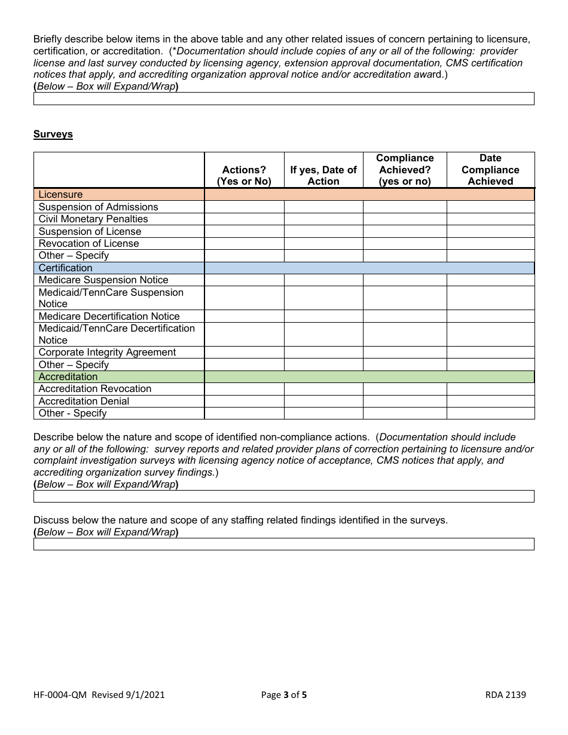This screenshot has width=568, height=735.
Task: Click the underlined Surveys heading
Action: (53, 134)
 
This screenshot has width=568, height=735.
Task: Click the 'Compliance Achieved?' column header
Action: (405, 170)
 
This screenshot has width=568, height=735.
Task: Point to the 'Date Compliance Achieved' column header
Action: (490, 170)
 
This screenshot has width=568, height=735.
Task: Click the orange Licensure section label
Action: (60, 195)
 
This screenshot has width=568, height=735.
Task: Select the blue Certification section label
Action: (65, 268)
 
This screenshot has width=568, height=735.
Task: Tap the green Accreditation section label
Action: (68, 377)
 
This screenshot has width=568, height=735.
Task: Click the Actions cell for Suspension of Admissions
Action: (244, 207)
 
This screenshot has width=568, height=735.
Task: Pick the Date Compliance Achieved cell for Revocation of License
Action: (490, 244)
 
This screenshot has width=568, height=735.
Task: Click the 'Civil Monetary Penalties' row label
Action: (93, 219)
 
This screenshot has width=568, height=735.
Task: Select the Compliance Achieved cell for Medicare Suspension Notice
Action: (405, 280)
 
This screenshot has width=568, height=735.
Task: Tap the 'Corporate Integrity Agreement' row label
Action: (107, 353)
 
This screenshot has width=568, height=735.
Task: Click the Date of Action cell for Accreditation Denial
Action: (323, 402)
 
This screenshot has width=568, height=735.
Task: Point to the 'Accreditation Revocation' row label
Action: (95, 389)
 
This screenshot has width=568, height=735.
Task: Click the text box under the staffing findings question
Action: (283, 544)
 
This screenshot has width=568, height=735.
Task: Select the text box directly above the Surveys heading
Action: (283, 99)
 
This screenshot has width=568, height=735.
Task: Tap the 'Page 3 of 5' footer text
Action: (284, 694)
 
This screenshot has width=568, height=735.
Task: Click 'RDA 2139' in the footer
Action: (505, 694)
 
